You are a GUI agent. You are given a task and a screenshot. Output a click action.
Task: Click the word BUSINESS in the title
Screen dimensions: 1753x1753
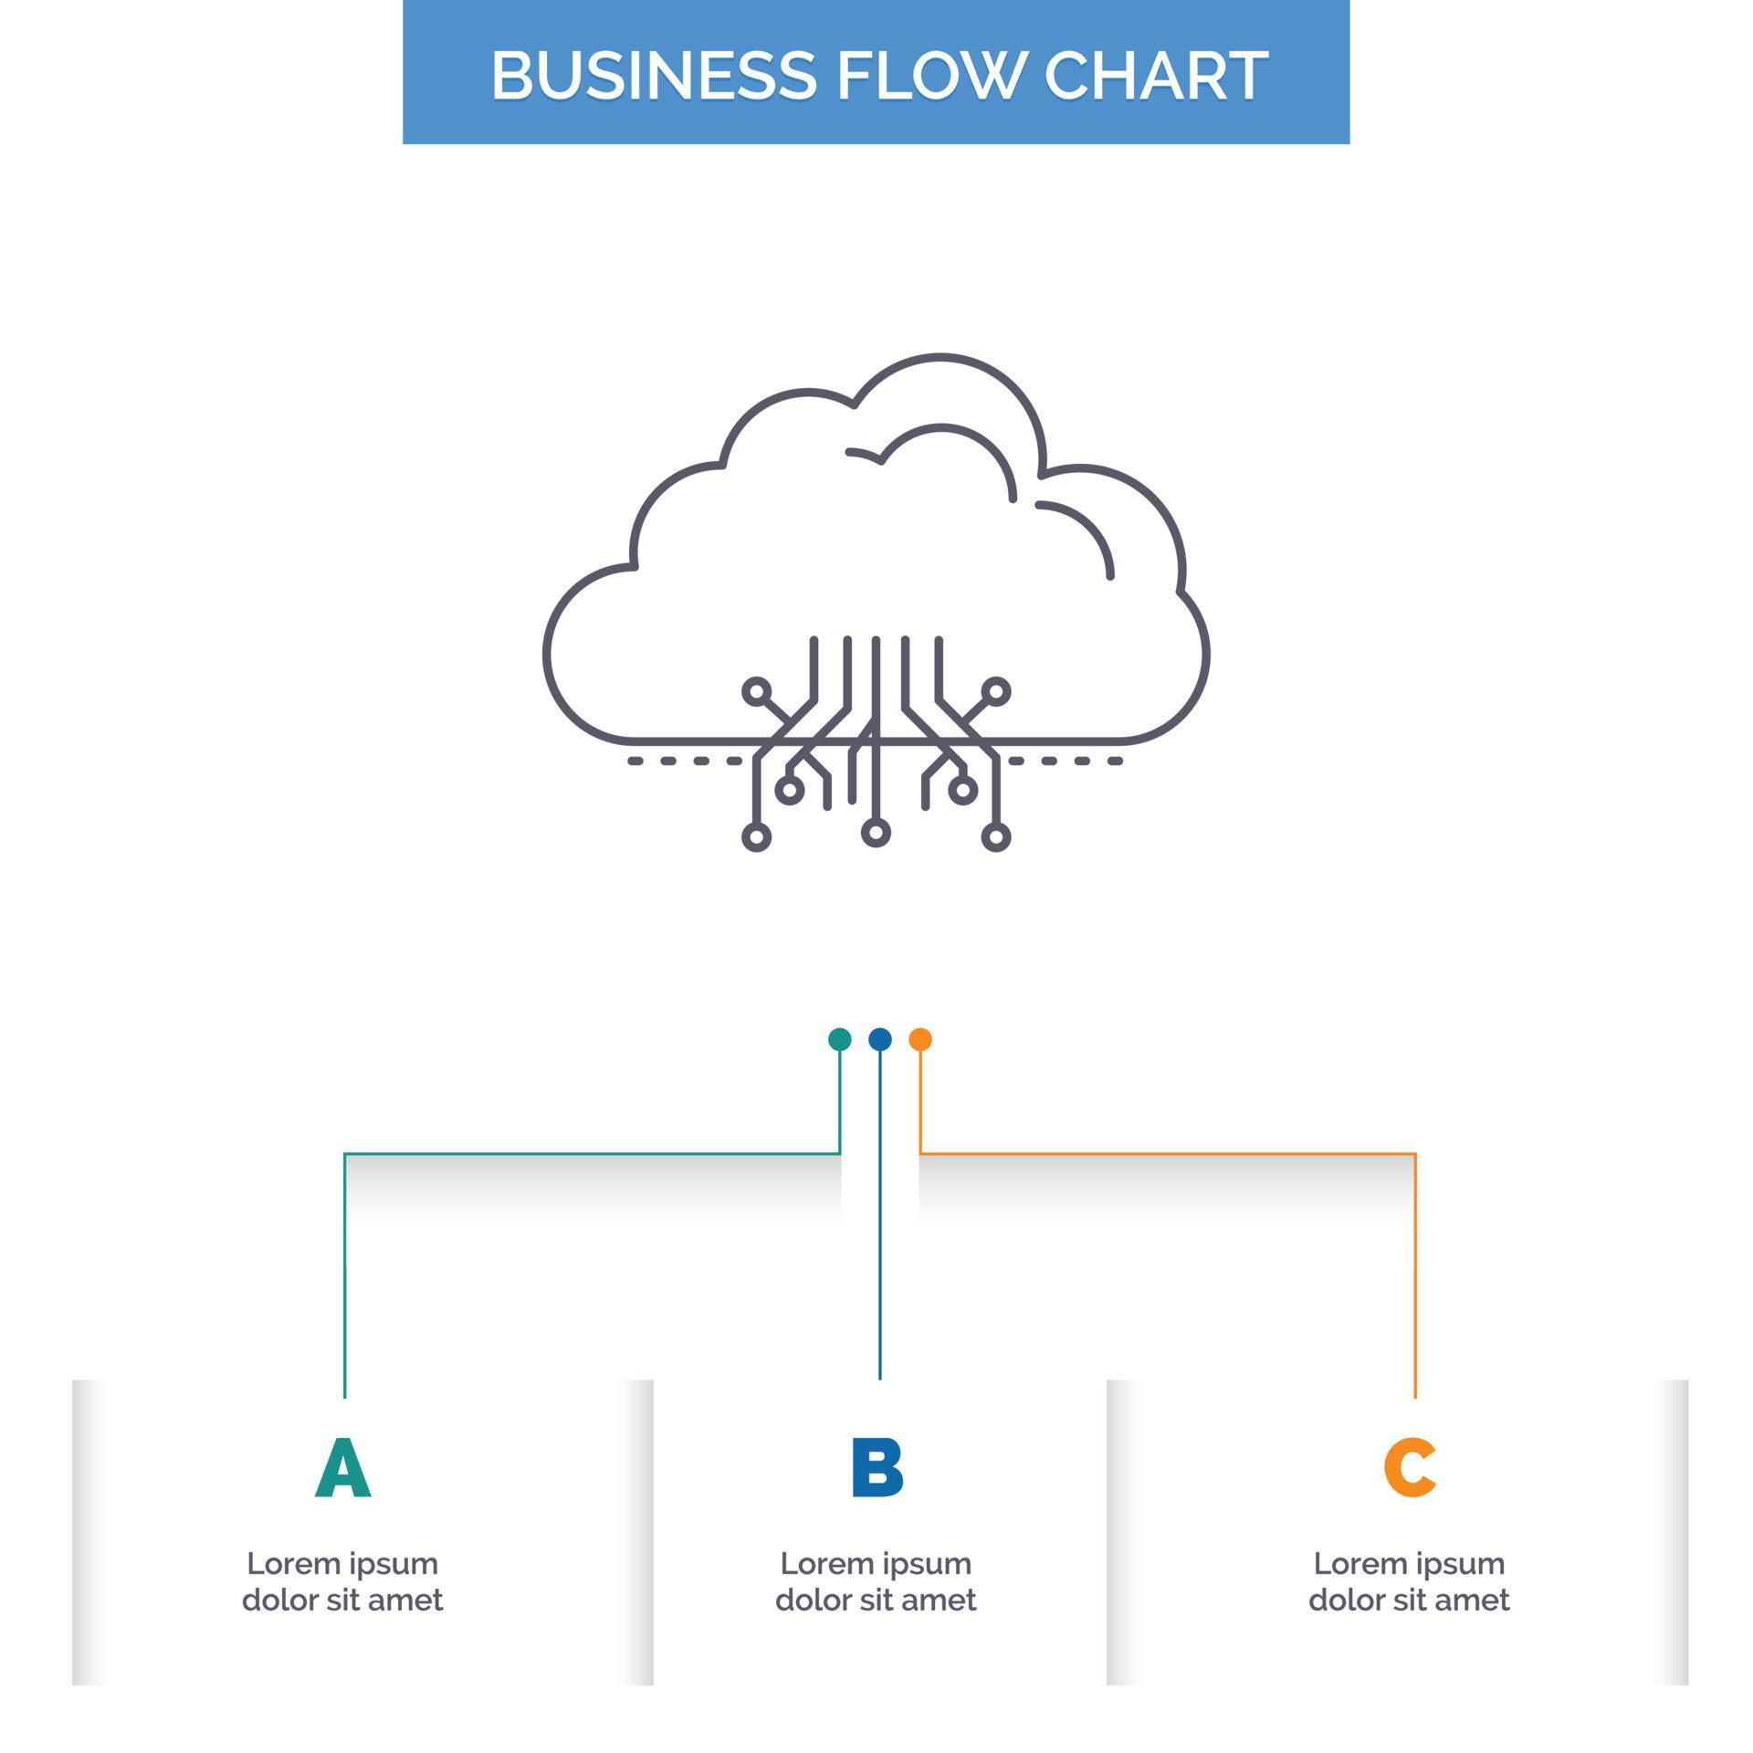pyautogui.click(x=653, y=75)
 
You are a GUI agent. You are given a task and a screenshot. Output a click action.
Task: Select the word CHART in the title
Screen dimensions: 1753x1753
pyautogui.click(x=1156, y=75)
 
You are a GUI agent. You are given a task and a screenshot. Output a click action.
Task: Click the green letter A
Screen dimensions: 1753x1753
pyautogui.click(x=343, y=1468)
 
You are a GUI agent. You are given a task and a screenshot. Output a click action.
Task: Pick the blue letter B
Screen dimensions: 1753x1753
pyautogui.click(x=876, y=1468)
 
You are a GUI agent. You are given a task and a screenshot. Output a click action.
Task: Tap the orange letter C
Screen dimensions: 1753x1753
pyautogui.click(x=1410, y=1468)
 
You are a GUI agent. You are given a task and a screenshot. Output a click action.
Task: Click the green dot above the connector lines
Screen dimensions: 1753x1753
pyautogui.click(x=839, y=1039)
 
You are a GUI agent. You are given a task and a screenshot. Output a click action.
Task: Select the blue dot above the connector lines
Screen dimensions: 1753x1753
pyautogui.click(x=879, y=1039)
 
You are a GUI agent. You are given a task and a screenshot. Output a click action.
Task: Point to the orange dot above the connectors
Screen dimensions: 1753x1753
pyautogui.click(x=920, y=1039)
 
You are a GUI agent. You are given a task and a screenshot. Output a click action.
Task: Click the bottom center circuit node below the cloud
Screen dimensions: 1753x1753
pyautogui.click(x=876, y=832)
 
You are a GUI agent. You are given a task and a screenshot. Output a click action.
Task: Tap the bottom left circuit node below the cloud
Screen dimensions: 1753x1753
pyautogui.click(x=756, y=836)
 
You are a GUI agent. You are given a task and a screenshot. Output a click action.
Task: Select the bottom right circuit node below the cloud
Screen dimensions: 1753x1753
pyautogui.click(x=995, y=836)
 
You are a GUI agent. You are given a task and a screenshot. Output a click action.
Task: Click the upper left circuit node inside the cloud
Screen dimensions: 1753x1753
pyautogui.click(x=756, y=691)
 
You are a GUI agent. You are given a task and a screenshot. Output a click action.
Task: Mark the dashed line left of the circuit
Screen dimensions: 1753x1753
pyautogui.click(x=685, y=761)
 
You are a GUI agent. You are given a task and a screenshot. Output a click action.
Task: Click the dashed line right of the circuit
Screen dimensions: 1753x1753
pyautogui.click(x=1065, y=761)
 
